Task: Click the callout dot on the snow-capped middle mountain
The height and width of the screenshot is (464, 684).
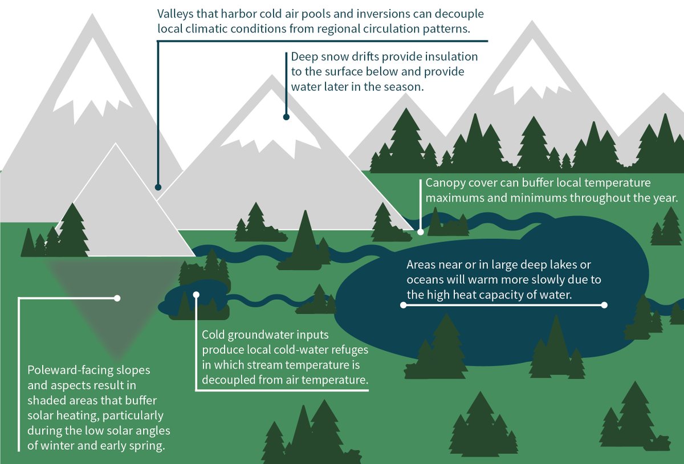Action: pyautogui.click(x=286, y=117)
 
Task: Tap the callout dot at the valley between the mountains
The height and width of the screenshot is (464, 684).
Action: pyautogui.click(x=158, y=187)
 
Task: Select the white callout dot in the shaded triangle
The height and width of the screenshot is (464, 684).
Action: pyautogui.click(x=117, y=298)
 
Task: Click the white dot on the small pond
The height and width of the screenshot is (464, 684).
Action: pyautogui.click(x=196, y=295)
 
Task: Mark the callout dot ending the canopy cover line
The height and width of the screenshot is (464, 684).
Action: pyautogui.click(x=421, y=232)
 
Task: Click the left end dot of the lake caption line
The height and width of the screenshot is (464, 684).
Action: pyautogui.click(x=403, y=305)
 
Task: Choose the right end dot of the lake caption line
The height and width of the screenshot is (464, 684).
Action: pyautogui.click(x=605, y=305)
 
